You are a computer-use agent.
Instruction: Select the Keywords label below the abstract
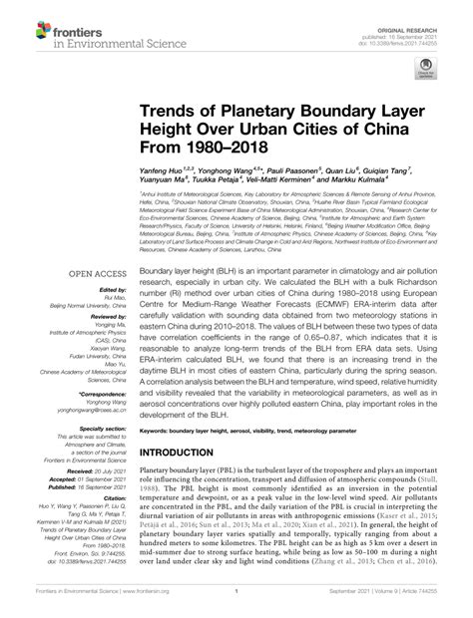coord(158,431)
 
